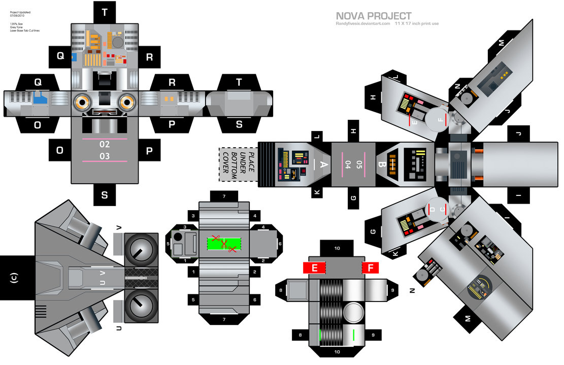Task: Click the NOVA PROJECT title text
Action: click(373, 16)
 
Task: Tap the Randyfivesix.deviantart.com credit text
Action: click(362, 23)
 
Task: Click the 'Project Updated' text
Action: click(20, 12)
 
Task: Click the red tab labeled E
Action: click(314, 268)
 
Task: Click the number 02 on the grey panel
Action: click(105, 144)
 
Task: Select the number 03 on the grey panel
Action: click(105, 156)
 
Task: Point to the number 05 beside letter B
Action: click(359, 164)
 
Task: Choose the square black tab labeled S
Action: click(105, 195)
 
